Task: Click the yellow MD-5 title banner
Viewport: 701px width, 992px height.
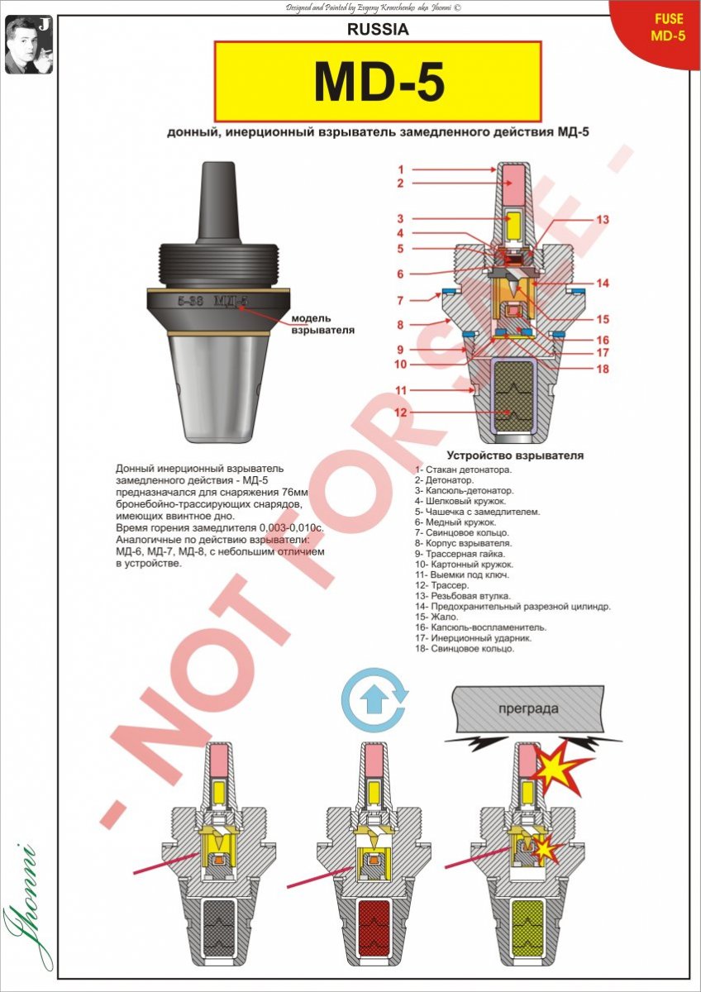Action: pyautogui.click(x=378, y=82)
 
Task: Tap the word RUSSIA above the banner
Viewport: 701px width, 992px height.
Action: pyautogui.click(x=378, y=29)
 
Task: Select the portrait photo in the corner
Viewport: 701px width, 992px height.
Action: pyautogui.click(x=29, y=45)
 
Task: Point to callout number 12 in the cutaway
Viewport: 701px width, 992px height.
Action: pyautogui.click(x=400, y=413)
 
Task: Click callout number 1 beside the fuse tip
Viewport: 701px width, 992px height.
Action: pyautogui.click(x=401, y=169)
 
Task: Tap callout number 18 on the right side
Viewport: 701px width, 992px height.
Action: pyautogui.click(x=603, y=369)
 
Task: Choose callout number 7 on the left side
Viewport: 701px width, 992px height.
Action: pyautogui.click(x=400, y=301)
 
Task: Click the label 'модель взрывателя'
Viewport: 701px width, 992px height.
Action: pyautogui.click(x=323, y=324)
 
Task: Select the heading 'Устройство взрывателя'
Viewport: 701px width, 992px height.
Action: pyautogui.click(x=515, y=455)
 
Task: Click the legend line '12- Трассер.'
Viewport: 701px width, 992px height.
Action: pyautogui.click(x=442, y=585)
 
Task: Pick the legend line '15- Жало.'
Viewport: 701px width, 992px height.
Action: pyautogui.click(x=436, y=617)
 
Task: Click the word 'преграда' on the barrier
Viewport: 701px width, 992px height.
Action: pyautogui.click(x=528, y=709)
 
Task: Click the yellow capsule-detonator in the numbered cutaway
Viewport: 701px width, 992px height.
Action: pyautogui.click(x=513, y=226)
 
